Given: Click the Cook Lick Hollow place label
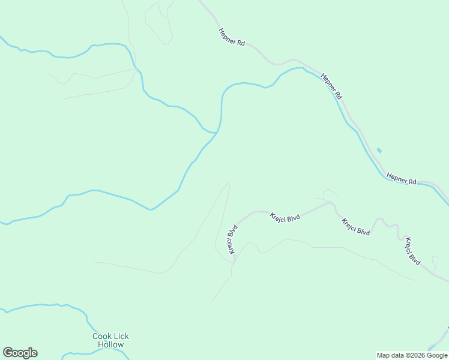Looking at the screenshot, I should pyautogui.click(x=110, y=340).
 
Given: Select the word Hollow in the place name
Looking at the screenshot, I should pyautogui.click(x=110, y=345).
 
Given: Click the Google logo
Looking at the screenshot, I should pyautogui.click(x=20, y=353).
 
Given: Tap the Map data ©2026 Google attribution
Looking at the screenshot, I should pyautogui.click(x=412, y=355).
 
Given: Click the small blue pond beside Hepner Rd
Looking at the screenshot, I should pyautogui.click(x=379, y=150).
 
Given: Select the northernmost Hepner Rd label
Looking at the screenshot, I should pyautogui.click(x=232, y=37).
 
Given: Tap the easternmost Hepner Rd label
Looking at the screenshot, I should pyautogui.click(x=402, y=178).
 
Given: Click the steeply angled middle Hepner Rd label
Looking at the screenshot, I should pyautogui.click(x=331, y=86).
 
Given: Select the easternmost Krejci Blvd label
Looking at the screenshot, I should pyautogui.click(x=412, y=252).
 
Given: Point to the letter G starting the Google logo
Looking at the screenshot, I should pyautogui.click(x=8, y=353).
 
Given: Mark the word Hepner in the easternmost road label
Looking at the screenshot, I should pyautogui.click(x=397, y=178).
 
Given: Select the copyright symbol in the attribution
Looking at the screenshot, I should pyautogui.click(x=403, y=355).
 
